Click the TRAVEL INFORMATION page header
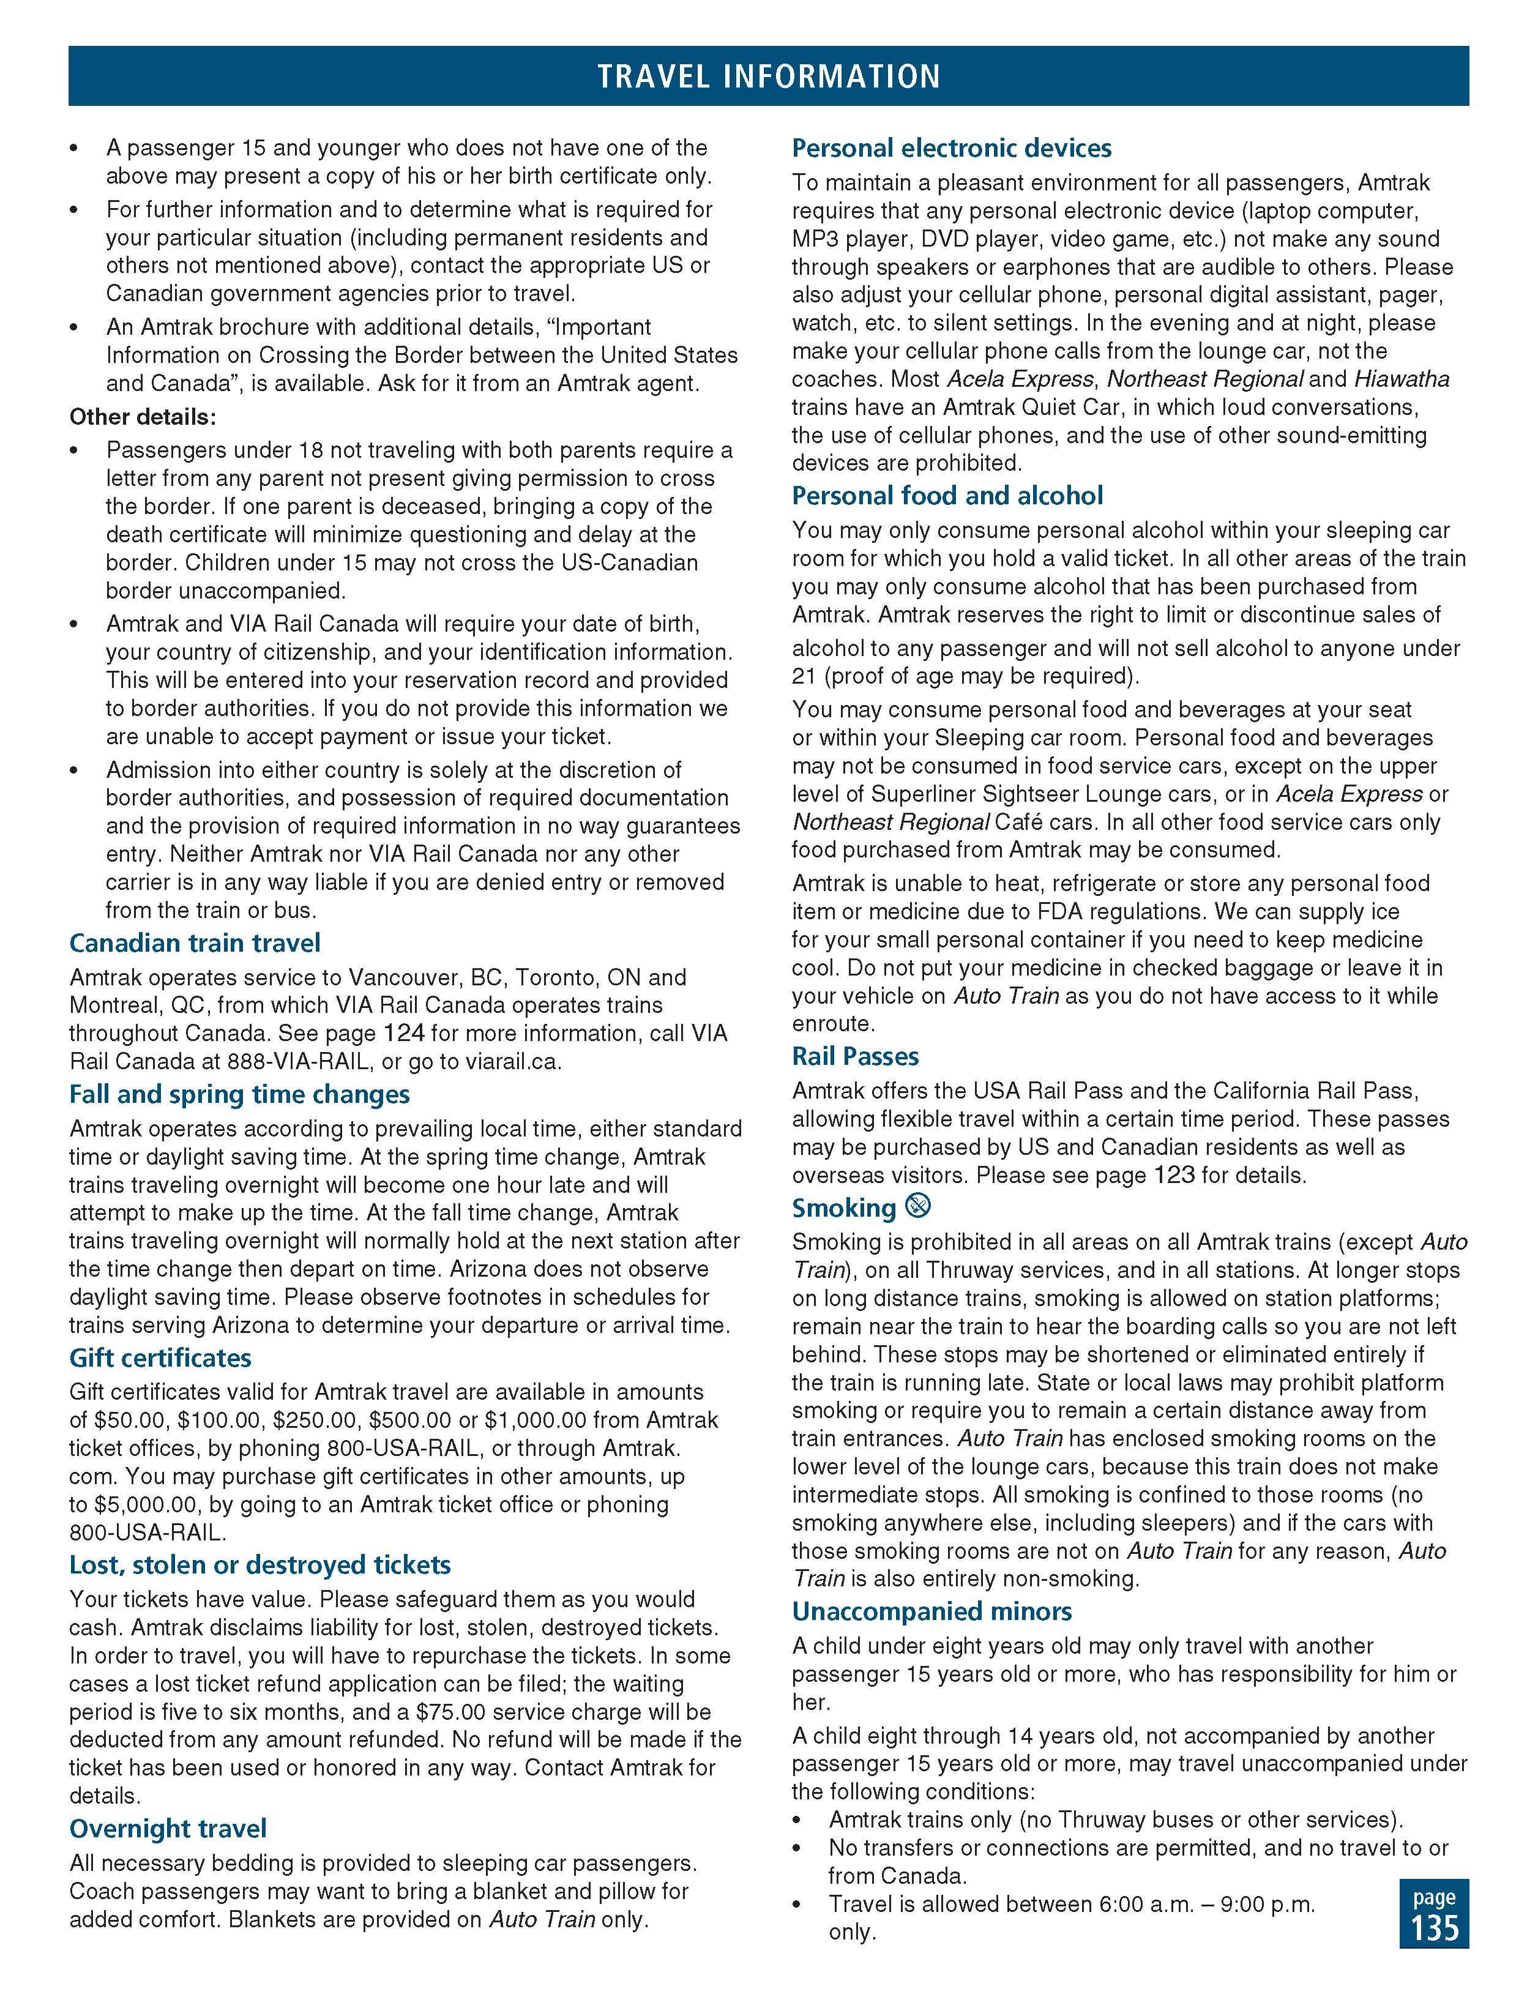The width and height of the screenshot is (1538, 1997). coord(768,76)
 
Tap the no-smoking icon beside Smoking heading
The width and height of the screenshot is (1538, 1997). coord(917,1207)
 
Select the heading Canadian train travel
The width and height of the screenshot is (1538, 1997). coord(195,943)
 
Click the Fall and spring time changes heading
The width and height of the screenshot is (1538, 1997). coord(239,1094)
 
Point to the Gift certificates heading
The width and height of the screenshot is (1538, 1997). coord(160,1357)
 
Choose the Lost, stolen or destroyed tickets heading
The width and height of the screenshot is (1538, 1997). coord(259,1564)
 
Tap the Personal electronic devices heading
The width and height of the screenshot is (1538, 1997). coord(951,148)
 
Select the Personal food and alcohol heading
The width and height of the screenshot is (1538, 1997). coord(947,496)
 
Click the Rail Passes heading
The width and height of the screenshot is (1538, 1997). coord(855,1056)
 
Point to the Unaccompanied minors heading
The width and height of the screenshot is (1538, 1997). coord(931,1610)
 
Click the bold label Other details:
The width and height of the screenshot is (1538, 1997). coord(143,417)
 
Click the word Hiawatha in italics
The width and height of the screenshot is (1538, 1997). coord(1402,379)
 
